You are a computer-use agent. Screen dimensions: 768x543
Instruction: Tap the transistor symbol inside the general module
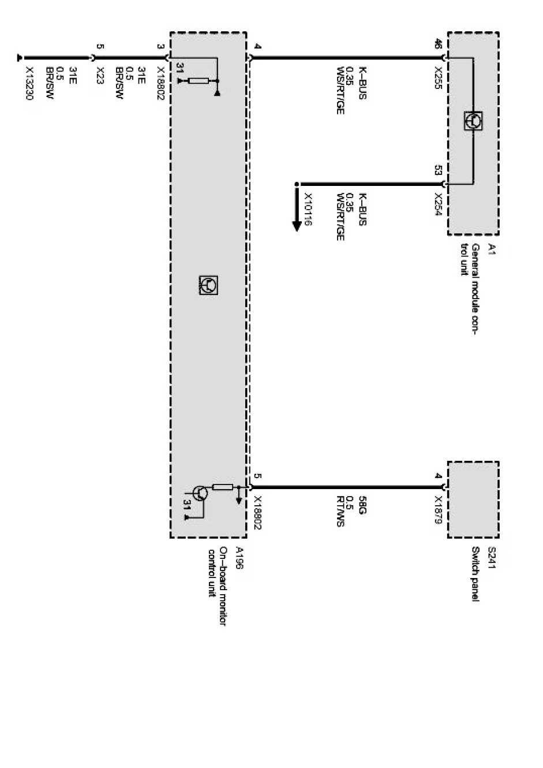pos(473,121)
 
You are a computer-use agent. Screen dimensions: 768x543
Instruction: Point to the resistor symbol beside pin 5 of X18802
pos(223,487)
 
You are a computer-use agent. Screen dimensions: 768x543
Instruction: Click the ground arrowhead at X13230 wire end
pos(21,57)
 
